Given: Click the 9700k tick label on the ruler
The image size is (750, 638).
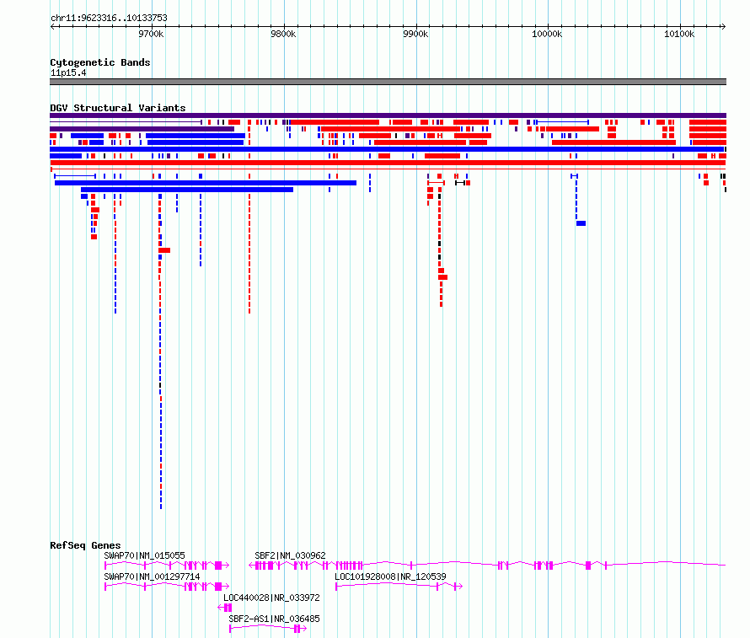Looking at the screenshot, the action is (x=151, y=34).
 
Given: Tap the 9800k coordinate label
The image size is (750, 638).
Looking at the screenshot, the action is (x=283, y=34).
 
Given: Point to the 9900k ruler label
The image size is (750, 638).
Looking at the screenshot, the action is (x=415, y=34).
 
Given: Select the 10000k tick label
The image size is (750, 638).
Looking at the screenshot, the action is (x=547, y=34).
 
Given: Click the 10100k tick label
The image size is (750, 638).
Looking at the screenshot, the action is (x=679, y=34).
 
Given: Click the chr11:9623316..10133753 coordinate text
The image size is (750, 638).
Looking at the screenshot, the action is (x=109, y=19).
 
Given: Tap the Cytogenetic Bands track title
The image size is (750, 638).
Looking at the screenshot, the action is (x=100, y=62).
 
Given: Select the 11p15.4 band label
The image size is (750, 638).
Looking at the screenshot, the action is (x=68, y=72).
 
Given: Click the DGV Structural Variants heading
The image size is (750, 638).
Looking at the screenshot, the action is (x=118, y=108).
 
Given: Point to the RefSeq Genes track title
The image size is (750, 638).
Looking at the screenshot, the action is (x=85, y=545).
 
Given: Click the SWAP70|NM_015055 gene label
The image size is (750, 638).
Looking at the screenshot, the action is (x=144, y=555).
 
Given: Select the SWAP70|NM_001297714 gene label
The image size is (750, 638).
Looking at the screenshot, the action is (x=152, y=576).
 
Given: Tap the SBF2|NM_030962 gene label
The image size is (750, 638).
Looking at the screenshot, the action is (x=291, y=555).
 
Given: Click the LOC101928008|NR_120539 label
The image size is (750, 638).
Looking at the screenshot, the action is (x=390, y=576).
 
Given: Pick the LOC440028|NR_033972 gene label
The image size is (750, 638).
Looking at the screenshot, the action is (x=271, y=598).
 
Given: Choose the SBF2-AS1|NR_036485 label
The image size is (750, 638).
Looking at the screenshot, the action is (x=274, y=619).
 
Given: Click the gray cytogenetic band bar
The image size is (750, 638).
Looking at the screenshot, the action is (x=388, y=82).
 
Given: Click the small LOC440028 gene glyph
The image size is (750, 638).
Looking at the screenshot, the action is (x=225, y=608).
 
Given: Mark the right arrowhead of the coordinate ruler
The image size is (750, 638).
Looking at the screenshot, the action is (x=724, y=27).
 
